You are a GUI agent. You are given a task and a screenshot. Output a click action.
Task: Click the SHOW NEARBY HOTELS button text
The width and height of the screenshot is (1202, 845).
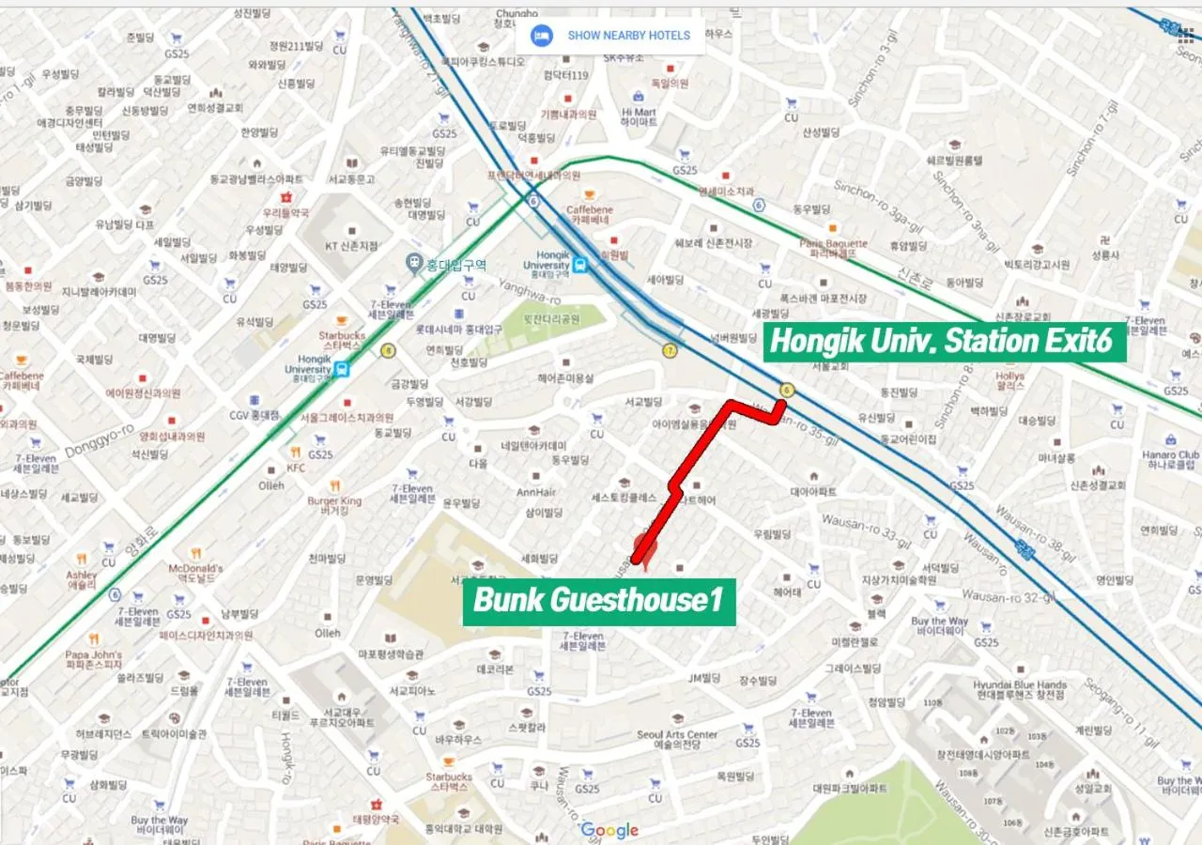coord(628,36)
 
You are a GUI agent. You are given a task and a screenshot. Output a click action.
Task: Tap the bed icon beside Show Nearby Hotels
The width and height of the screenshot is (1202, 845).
coord(541,36)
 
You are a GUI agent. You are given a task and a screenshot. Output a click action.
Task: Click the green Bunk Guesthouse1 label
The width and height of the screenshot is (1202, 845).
coord(599,600)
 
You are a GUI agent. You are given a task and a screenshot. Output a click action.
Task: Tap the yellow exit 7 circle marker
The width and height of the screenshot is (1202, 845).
coord(670,350)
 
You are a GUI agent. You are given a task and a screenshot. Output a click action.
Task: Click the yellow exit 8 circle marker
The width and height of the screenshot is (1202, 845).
coord(388,350)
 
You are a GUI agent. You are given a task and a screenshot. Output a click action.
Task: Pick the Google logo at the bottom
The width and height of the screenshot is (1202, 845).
coord(609,830)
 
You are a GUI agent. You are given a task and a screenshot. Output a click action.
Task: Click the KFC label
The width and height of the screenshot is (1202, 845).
coord(296,467)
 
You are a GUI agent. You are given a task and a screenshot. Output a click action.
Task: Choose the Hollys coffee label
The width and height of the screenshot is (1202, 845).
coord(1009,380)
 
